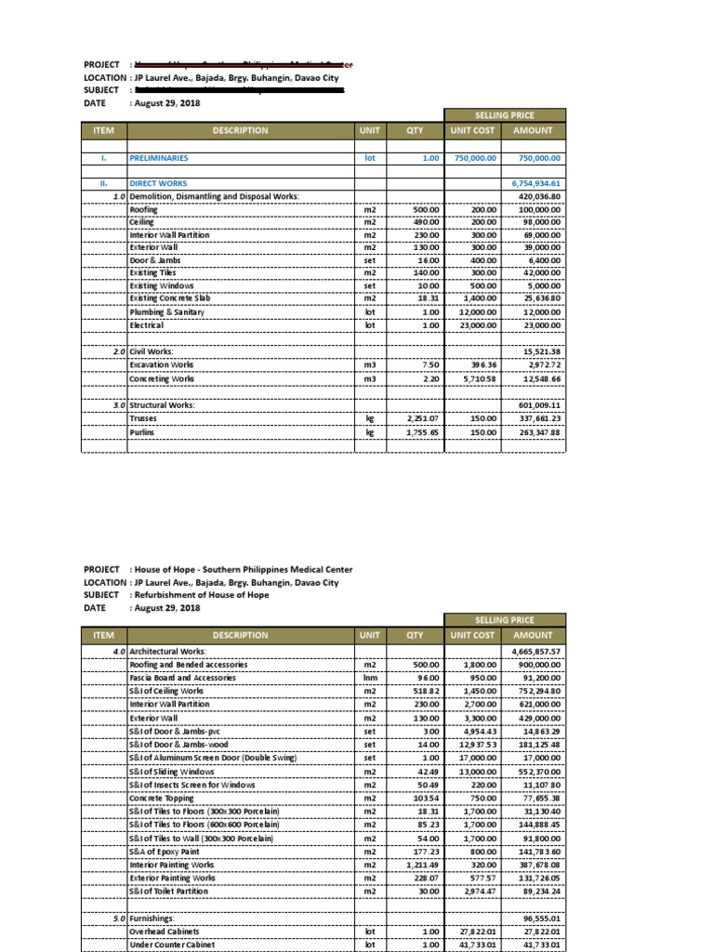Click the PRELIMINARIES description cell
[x=158, y=159]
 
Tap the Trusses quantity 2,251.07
[x=420, y=419]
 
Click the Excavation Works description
[x=162, y=365]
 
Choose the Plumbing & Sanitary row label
[x=166, y=313]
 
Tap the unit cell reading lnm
[x=369, y=679]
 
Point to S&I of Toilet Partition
[x=169, y=891]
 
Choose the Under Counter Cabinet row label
[x=171, y=944]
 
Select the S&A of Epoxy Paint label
[x=166, y=851]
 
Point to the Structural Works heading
[x=162, y=406]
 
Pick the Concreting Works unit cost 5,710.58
[x=477, y=379]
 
